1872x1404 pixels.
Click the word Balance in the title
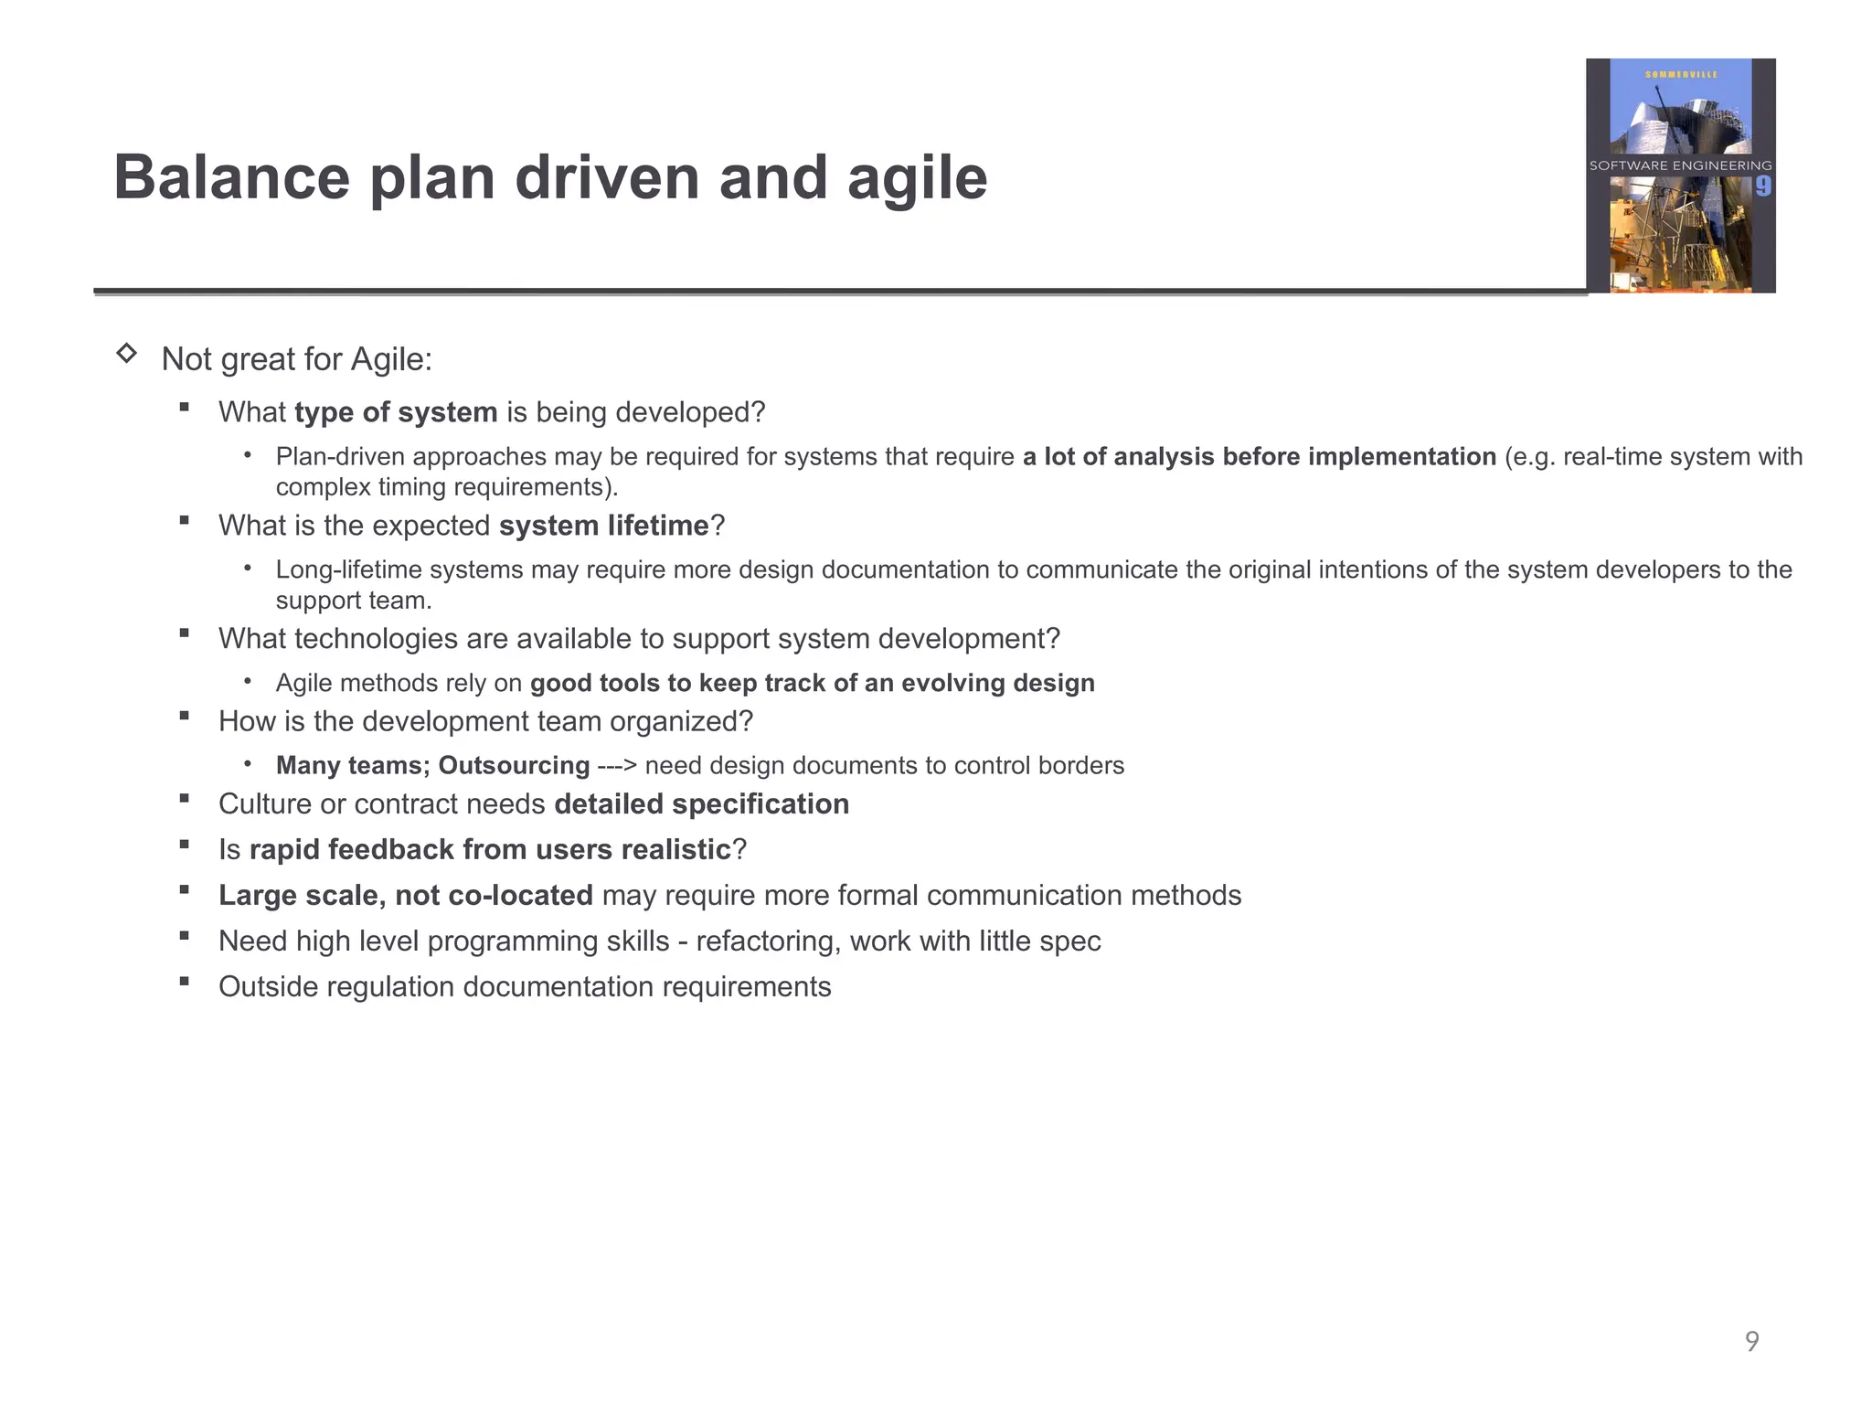(231, 177)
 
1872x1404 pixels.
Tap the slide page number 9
(1751, 1341)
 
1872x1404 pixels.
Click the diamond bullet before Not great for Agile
(127, 354)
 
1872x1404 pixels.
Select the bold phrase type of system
(396, 412)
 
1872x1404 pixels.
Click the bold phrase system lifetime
(604, 526)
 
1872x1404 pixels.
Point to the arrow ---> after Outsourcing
(617, 765)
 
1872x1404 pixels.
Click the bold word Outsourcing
(514, 765)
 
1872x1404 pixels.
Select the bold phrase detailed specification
(701, 804)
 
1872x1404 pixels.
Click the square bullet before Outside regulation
(185, 982)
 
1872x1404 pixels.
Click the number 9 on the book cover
(1763, 186)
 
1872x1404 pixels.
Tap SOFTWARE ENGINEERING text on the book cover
(1680, 165)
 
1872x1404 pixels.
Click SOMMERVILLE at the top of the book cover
(1681, 74)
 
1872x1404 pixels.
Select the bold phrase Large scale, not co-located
(405, 896)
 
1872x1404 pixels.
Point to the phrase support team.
(353, 601)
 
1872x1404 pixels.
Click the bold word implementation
(1401, 456)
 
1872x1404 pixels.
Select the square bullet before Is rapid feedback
(185, 845)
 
